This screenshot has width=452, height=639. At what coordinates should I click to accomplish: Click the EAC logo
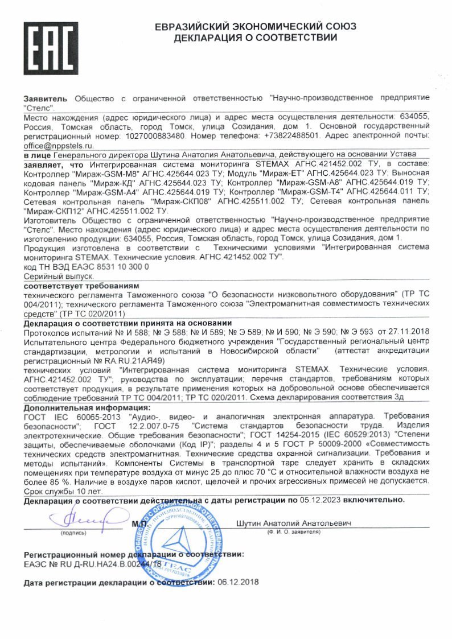point(51,49)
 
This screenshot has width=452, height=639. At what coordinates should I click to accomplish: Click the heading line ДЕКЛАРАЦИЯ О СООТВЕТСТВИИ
point(255,38)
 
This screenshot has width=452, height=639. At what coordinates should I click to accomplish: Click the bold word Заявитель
point(46,98)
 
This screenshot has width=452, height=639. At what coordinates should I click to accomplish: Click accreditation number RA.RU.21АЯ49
point(122,360)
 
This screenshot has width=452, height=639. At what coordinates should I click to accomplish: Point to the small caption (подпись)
point(74,533)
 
